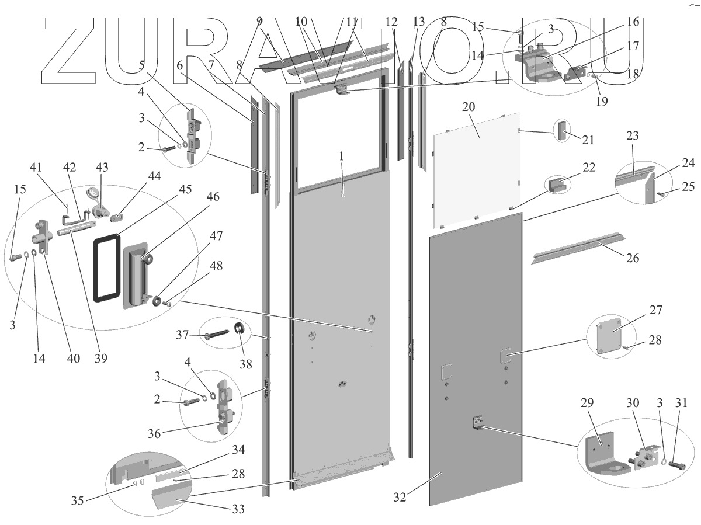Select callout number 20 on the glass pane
click(x=469, y=107)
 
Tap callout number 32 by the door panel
click(x=399, y=497)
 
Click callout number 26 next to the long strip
click(x=633, y=257)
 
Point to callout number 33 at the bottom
click(x=237, y=508)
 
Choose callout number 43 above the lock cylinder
click(x=102, y=167)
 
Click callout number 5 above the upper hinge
click(x=141, y=66)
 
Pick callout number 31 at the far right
click(x=681, y=403)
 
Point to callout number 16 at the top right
click(x=633, y=22)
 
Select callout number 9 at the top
click(x=259, y=22)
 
